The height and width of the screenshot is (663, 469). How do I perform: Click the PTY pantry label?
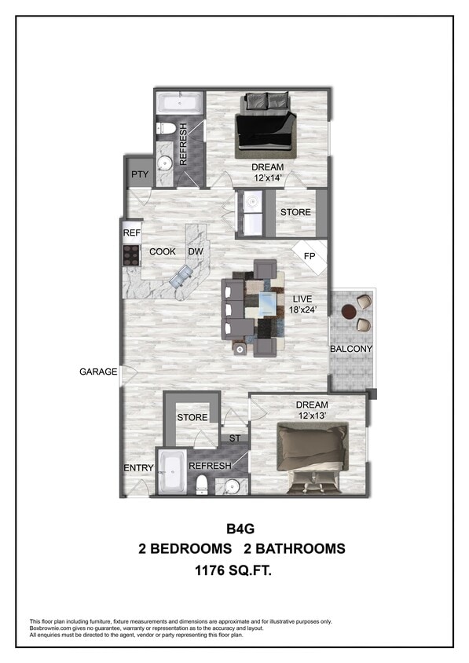click(x=140, y=174)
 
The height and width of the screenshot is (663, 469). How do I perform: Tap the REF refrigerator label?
click(x=131, y=233)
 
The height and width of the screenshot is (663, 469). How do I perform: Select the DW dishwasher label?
click(x=195, y=252)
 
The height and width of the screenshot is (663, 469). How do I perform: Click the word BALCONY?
click(x=350, y=348)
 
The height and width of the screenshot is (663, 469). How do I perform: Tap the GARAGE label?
click(x=98, y=372)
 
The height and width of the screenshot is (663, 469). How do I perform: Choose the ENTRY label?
click(x=139, y=468)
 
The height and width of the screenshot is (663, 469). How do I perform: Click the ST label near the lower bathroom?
click(x=234, y=438)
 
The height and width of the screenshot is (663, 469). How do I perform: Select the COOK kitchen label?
click(x=163, y=252)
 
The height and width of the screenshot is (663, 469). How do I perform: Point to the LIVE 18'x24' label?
click(x=304, y=304)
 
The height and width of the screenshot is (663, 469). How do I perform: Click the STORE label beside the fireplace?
click(x=295, y=212)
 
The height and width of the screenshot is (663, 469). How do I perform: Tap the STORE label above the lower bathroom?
click(x=192, y=417)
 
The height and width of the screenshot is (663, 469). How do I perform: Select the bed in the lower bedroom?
click(x=313, y=454)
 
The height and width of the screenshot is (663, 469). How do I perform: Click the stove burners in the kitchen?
click(x=130, y=254)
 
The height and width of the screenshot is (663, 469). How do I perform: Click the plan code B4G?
click(x=234, y=528)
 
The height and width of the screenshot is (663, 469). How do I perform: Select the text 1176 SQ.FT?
click(x=234, y=573)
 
